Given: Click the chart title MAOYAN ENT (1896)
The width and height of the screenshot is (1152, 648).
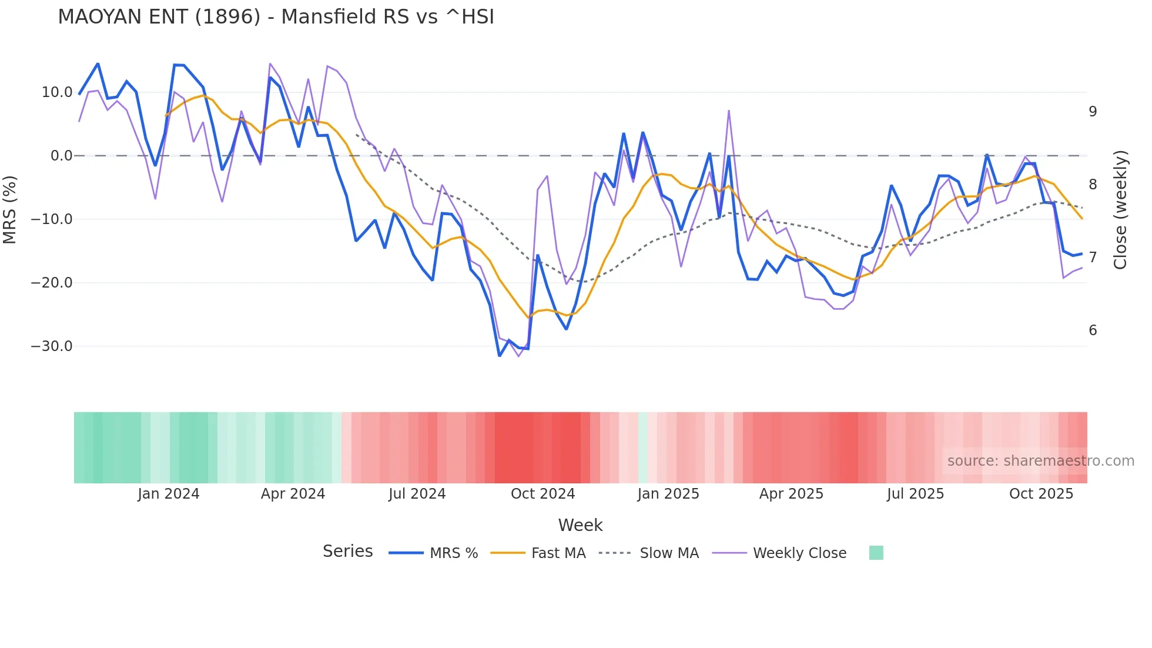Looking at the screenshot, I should coord(276,17).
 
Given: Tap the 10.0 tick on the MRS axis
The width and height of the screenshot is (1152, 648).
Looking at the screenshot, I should coord(56,92).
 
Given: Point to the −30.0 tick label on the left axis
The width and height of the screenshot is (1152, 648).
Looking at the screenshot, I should coord(52,346).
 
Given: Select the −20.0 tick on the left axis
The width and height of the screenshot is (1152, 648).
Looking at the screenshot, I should coord(52,283).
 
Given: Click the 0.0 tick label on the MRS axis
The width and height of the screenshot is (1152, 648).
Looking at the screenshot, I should coord(61,156).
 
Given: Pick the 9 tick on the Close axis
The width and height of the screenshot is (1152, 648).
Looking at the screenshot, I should coord(1093,112).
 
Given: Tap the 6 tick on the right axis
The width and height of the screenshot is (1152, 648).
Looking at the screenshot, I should coord(1093,330).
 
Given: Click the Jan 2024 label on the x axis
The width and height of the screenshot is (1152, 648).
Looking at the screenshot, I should coord(169,494).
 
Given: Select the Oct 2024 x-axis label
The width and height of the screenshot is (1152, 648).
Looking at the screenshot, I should coord(542,494).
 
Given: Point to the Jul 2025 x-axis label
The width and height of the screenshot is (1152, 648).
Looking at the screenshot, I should coord(915,494).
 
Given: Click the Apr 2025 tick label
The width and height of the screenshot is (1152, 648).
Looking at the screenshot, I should coord(791,494).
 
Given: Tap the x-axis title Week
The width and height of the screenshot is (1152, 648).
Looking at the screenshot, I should coord(580,525).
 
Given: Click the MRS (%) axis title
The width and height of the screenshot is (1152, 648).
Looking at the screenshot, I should coord(10,210).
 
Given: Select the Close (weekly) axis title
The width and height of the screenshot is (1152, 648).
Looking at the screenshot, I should coord(1120,210).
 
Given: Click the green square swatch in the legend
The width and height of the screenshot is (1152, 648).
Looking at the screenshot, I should coord(876,553).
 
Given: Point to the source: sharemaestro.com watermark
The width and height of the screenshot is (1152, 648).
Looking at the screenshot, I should coord(1040,461).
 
